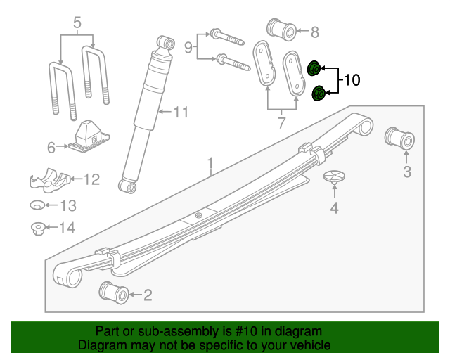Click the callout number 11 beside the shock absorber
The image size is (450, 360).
click(181, 112)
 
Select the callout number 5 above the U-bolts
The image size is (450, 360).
click(77, 23)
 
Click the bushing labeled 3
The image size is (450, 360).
click(399, 139)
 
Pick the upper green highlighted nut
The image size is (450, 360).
click(314, 68)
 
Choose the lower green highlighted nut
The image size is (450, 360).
click(318, 92)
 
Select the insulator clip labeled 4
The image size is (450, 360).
click(334, 178)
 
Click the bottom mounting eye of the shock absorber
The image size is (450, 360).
click(127, 186)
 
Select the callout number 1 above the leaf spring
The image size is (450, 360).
click(210, 165)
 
